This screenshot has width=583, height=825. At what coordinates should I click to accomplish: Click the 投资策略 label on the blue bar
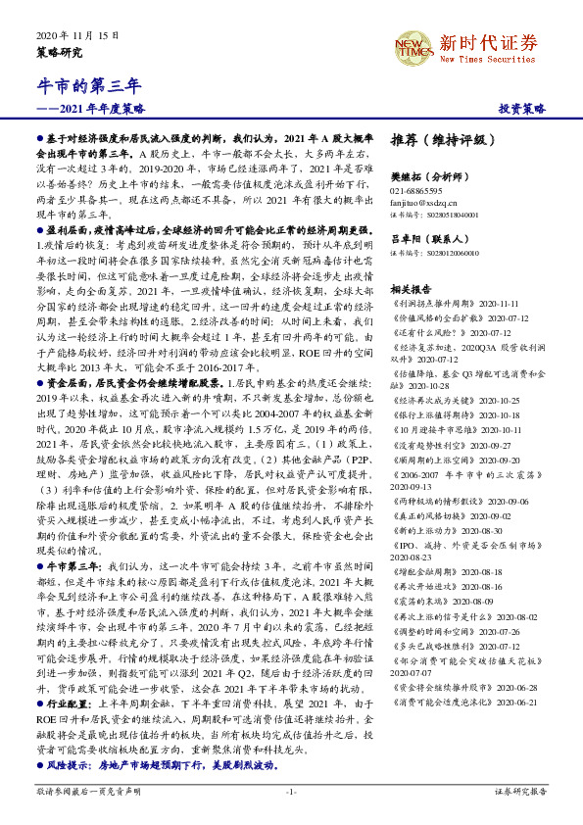pos(522,108)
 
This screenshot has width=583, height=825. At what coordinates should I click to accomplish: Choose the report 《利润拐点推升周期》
pos(433,305)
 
